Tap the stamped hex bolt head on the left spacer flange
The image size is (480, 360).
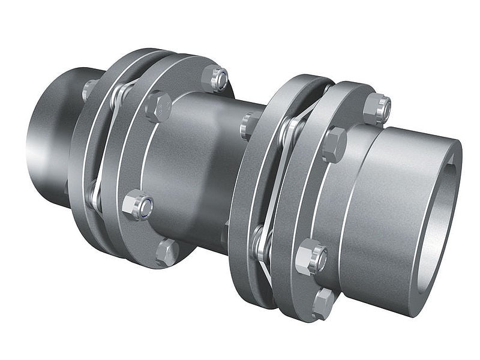coord(158,106)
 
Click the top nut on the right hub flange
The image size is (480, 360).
coord(377,107)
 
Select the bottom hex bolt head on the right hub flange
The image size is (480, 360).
coord(323,303)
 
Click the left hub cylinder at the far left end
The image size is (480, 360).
coord(48,138)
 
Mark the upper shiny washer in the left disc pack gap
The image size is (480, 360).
coord(123,92)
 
